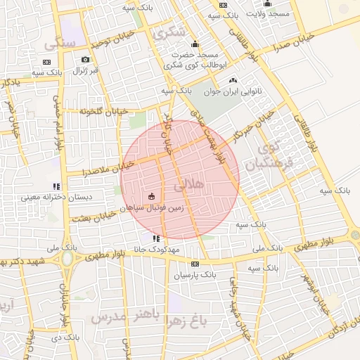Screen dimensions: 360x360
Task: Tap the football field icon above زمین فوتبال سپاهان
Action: coord(153,196)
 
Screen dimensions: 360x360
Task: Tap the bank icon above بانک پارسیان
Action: coord(195,264)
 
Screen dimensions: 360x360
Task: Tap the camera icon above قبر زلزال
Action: coord(86,60)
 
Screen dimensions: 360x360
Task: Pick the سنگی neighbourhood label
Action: coord(59,44)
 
